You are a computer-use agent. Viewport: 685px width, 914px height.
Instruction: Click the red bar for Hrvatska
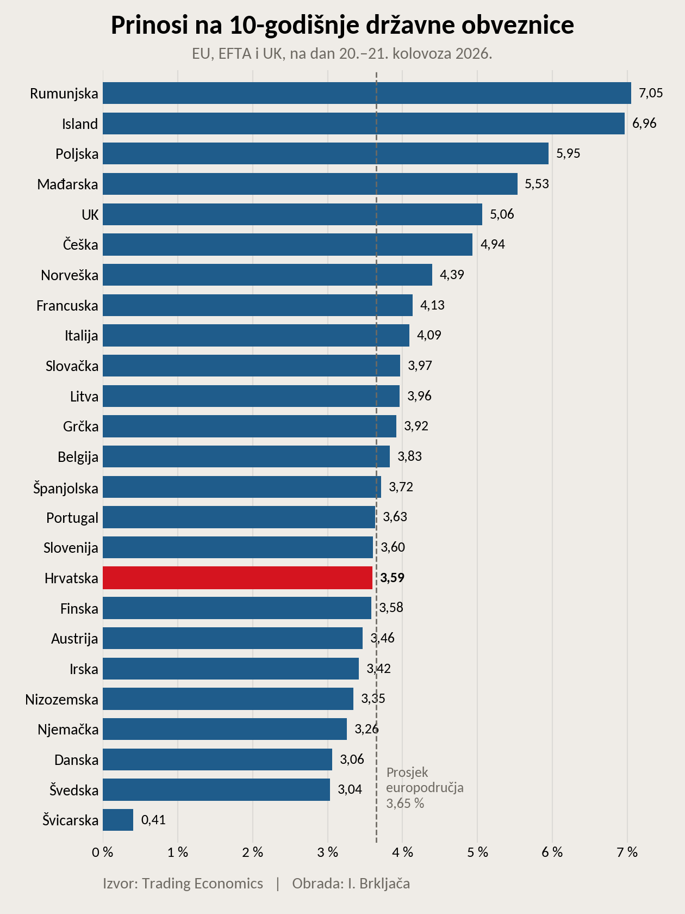point(238,578)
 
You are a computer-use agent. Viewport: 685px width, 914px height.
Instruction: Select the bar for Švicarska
point(118,820)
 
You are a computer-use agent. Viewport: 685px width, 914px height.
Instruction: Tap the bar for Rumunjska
point(367,93)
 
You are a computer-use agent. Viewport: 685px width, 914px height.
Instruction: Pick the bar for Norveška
point(267,275)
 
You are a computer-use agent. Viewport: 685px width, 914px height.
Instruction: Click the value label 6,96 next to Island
point(644,123)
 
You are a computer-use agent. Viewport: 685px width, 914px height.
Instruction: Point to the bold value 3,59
point(392,578)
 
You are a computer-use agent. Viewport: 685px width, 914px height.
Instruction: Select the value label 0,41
point(153,820)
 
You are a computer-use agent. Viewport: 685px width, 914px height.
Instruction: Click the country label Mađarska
point(67,184)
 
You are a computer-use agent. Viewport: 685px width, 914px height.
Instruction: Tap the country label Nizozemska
point(61,699)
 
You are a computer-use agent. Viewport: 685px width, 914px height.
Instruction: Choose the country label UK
point(90,214)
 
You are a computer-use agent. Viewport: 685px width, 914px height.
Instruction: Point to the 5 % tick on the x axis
point(477,853)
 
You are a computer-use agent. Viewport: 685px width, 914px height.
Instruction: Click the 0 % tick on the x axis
point(103,853)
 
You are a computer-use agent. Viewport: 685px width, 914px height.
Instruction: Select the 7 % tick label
point(627,853)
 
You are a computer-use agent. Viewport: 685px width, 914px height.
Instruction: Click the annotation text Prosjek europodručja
point(425,780)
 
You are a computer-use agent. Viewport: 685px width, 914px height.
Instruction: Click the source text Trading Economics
point(203,883)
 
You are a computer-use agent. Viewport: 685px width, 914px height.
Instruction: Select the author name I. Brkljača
point(379,883)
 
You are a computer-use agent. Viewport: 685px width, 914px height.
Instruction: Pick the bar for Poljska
point(326,153)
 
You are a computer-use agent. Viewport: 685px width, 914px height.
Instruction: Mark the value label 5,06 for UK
point(502,214)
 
